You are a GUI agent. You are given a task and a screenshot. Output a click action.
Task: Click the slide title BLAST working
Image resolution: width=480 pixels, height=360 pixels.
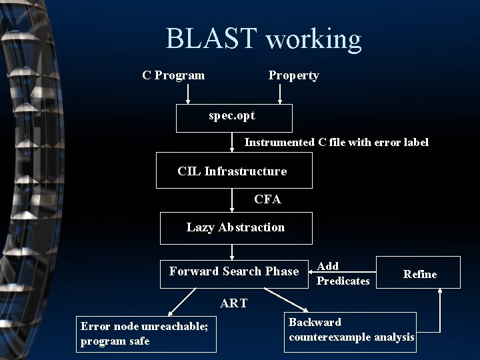click(x=263, y=39)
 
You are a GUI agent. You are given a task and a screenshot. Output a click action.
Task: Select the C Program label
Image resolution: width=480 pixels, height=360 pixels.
click(x=173, y=75)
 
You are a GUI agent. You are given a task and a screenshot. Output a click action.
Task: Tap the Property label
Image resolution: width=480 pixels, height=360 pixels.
click(x=293, y=75)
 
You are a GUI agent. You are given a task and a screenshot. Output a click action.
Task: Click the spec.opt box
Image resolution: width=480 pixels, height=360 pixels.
click(x=233, y=118)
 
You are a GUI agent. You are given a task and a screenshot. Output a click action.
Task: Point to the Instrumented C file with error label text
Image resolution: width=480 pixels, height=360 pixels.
click(x=336, y=142)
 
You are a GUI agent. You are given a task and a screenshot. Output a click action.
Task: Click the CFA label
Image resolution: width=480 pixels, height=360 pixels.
click(x=267, y=199)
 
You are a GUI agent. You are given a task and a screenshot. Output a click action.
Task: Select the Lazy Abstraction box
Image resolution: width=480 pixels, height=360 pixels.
click(x=235, y=228)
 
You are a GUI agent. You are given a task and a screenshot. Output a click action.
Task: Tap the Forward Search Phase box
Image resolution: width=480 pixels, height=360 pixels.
click(x=234, y=271)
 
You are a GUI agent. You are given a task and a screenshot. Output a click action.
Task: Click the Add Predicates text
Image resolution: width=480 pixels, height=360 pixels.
click(x=342, y=274)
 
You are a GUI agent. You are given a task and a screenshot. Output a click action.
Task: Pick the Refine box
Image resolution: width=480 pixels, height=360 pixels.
click(x=418, y=273)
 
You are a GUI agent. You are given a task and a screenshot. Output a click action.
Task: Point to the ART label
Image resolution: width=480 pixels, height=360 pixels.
click(x=233, y=303)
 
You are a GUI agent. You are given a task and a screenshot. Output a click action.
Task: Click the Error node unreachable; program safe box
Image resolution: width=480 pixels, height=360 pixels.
click(x=146, y=333)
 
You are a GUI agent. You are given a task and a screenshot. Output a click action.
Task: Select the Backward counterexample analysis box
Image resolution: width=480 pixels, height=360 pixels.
click(x=351, y=331)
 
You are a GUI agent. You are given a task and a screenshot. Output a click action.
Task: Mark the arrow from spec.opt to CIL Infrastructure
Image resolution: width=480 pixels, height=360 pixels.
click(x=231, y=142)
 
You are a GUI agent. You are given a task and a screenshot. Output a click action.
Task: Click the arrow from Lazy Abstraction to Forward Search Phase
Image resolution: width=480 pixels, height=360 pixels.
click(x=231, y=251)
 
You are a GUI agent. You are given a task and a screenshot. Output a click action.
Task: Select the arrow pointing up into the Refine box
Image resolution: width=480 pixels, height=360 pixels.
click(x=440, y=310)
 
